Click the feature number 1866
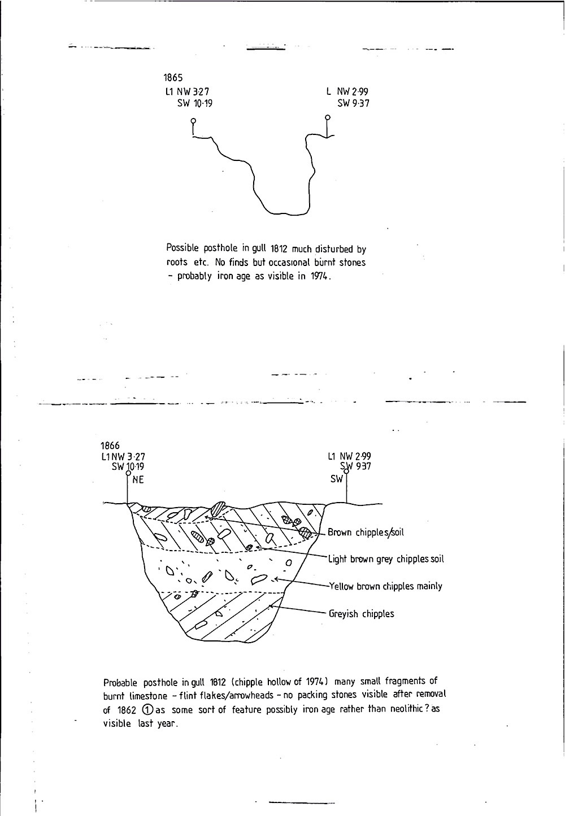110,446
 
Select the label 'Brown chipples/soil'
366,532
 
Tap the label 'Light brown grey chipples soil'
386,559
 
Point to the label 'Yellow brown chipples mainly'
385,586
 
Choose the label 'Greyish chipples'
362,613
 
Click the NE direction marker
138,481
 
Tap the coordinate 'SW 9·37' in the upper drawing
354,103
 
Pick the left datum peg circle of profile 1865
193,121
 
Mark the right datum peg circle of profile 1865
328,118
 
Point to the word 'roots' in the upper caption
178,263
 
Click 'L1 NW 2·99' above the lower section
349,456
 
